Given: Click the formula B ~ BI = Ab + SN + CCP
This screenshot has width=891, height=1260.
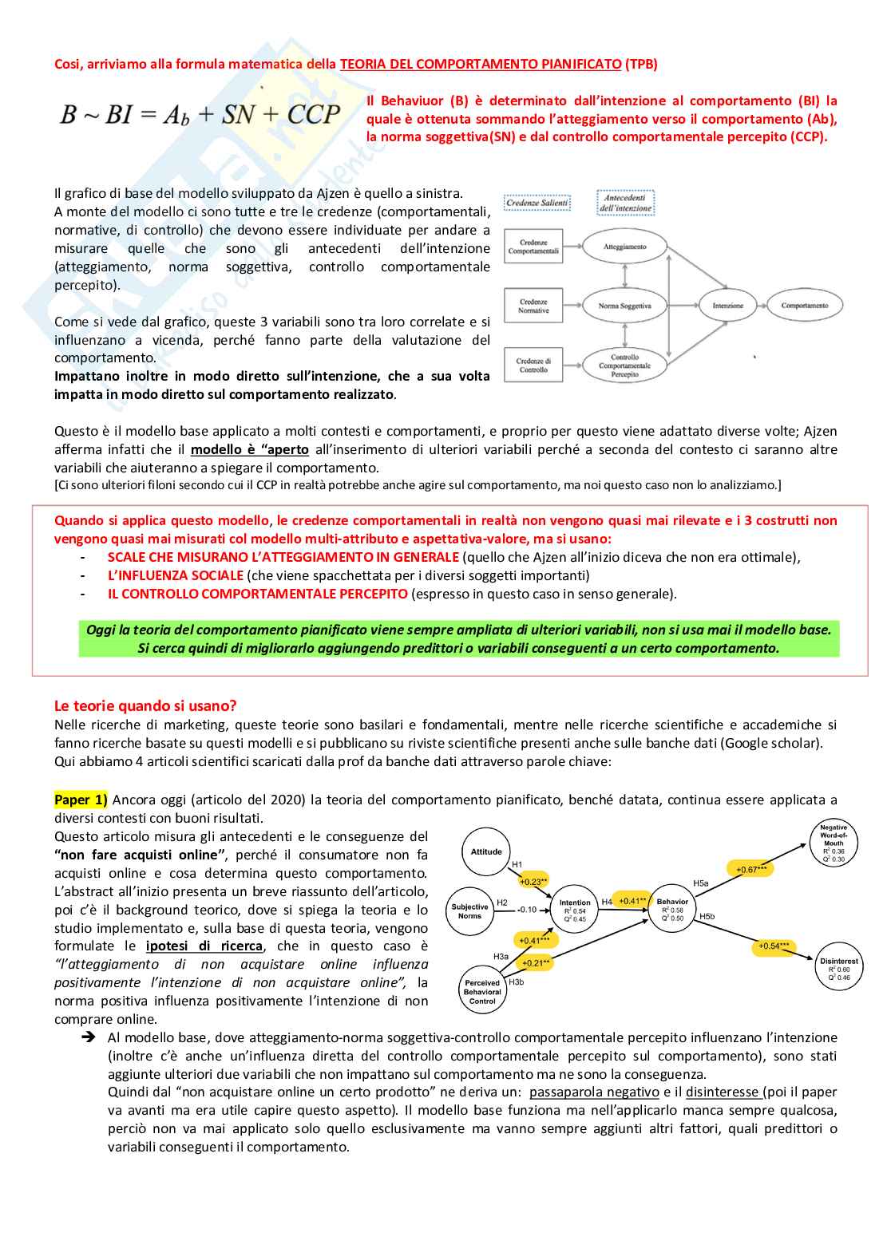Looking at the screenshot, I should [200, 115].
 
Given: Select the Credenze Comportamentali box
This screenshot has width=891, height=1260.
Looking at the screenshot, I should [533, 247].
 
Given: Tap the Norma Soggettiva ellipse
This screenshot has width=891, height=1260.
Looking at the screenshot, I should [624, 306].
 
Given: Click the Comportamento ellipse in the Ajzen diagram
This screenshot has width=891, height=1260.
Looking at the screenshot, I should [804, 306].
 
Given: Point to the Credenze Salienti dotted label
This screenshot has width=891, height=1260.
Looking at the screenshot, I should [537, 203].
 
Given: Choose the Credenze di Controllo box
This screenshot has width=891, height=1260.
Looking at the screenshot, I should [533, 365].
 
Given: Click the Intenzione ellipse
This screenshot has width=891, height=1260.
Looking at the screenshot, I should [727, 306].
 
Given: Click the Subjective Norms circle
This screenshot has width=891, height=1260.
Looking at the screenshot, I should [469, 910].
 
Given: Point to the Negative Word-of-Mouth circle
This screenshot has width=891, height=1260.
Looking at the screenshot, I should [834, 843].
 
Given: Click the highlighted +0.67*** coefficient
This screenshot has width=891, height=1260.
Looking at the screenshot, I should [751, 869].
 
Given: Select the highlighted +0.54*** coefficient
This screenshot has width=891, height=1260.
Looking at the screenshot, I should [773, 946].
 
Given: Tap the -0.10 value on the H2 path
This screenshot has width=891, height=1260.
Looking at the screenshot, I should [527, 910].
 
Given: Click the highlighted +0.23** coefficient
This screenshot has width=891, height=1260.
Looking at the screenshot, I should [533, 881].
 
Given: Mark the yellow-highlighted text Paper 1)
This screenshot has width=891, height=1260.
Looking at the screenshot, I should [80, 800].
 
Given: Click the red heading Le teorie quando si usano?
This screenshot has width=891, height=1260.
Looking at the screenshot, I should [145, 705].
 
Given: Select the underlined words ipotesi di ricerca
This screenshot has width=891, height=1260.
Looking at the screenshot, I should [204, 946].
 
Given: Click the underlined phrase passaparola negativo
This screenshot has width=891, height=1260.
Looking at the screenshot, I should [594, 1092].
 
